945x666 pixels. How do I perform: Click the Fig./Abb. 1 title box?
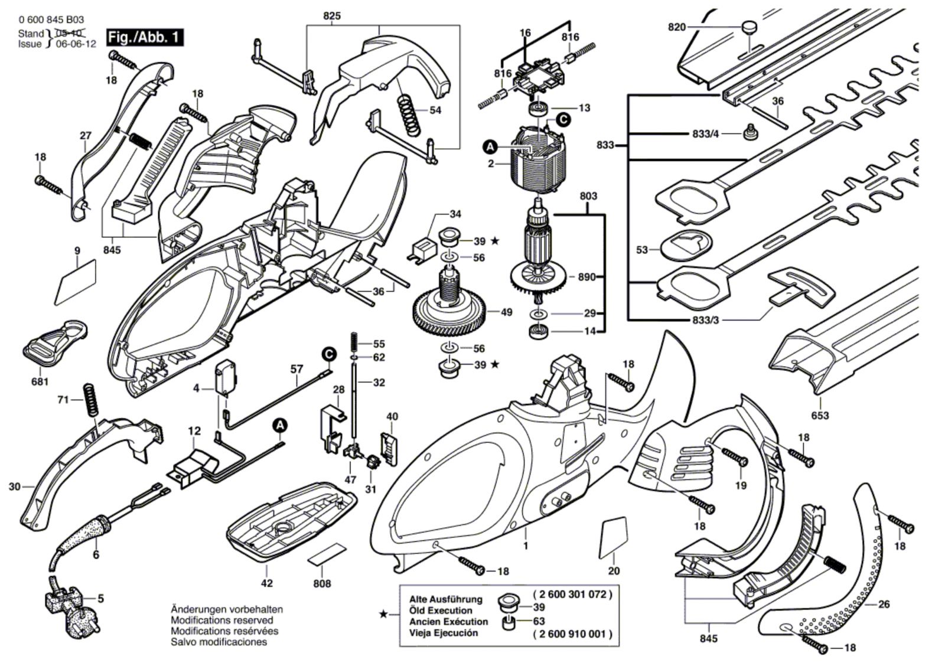click(x=145, y=38)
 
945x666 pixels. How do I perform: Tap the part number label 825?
click(x=332, y=17)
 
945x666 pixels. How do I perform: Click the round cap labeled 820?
click(x=750, y=27)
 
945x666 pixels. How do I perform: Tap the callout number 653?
click(x=820, y=416)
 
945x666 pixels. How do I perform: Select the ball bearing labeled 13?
click(x=538, y=109)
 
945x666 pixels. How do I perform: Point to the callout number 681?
click(x=40, y=382)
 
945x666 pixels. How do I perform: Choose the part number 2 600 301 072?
click(x=572, y=595)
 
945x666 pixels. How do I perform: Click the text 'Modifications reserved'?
click(x=221, y=620)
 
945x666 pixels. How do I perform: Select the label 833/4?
click(x=706, y=134)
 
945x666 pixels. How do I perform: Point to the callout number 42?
click(x=267, y=583)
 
